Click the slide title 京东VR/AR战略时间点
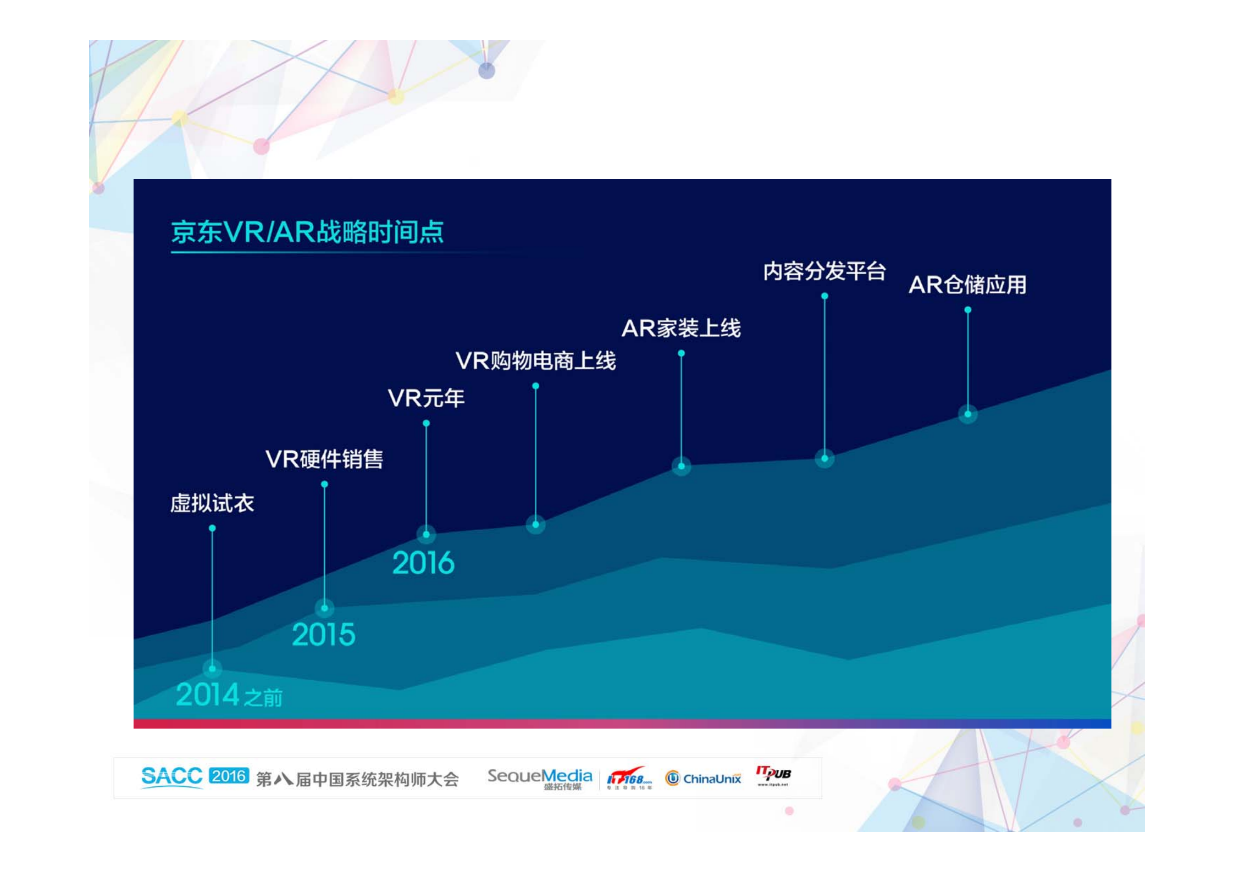point(307,232)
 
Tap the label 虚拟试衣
point(212,503)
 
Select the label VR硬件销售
point(324,459)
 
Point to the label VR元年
point(426,398)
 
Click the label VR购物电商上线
point(535,361)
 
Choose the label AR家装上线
point(681,328)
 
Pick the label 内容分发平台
point(824,271)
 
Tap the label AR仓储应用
point(967,285)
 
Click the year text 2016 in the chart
point(423,563)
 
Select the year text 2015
point(324,635)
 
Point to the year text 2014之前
point(229,695)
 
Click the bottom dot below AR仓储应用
point(967,414)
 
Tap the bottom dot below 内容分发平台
point(824,458)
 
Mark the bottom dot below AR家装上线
point(681,466)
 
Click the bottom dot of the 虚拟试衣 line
point(212,668)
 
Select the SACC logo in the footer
point(171,776)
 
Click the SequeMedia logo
point(539,777)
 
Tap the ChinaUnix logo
point(703,778)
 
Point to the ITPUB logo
point(773,775)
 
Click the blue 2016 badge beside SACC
point(229,775)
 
